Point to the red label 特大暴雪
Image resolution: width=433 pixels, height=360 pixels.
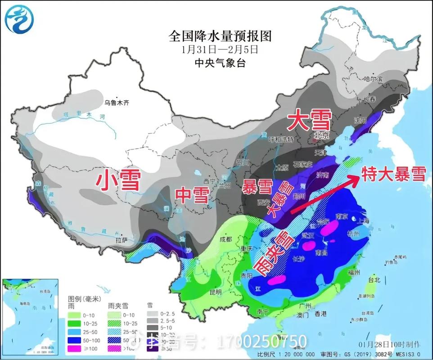[x=394, y=174]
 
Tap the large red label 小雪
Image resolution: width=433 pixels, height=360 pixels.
[x=118, y=180]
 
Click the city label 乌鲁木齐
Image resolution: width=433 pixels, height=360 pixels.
[x=117, y=103]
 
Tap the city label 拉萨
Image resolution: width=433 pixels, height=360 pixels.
[x=122, y=241]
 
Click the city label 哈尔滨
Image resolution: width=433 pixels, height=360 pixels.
[x=372, y=79]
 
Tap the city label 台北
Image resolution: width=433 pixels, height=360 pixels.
[x=374, y=279]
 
